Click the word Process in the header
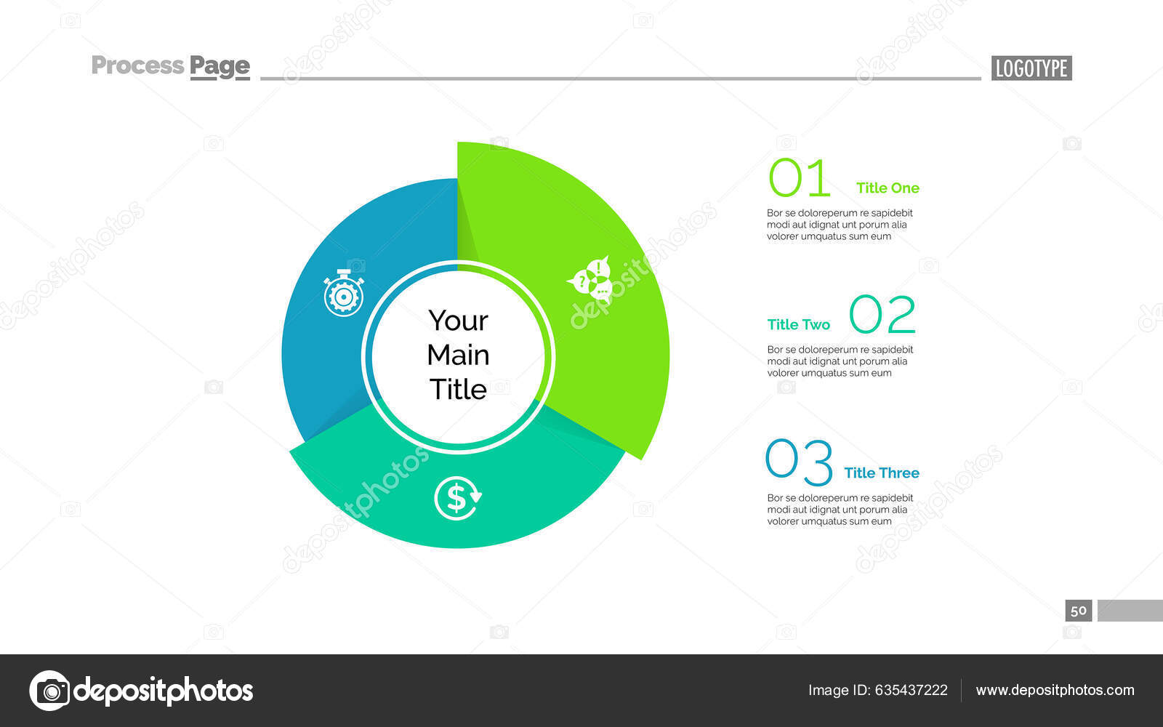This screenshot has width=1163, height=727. pos(137,65)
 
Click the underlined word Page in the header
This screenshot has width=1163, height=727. pos(220,66)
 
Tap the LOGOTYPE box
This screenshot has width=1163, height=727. pos(1031,68)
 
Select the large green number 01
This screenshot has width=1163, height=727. pos(799,179)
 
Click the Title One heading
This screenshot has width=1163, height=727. pos(888,188)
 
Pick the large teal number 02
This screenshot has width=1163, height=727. pos(882,315)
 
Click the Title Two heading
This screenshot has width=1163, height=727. pos(798,324)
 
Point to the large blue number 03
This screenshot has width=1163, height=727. pos(799,462)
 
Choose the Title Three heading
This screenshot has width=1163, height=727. pos(881,473)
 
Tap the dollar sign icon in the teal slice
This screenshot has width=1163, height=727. pos(457,498)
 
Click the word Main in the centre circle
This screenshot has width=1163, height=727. pos(458,355)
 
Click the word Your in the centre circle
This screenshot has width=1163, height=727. pos(458,321)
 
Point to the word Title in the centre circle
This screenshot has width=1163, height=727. pos(458,389)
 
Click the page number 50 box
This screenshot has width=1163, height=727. pos(1078,610)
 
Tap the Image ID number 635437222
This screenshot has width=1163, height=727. pos(911,690)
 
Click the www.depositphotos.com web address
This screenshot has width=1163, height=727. pos(1055,690)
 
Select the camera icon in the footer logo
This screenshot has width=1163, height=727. pos(50,690)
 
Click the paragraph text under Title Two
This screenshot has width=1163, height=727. pos(840,361)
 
